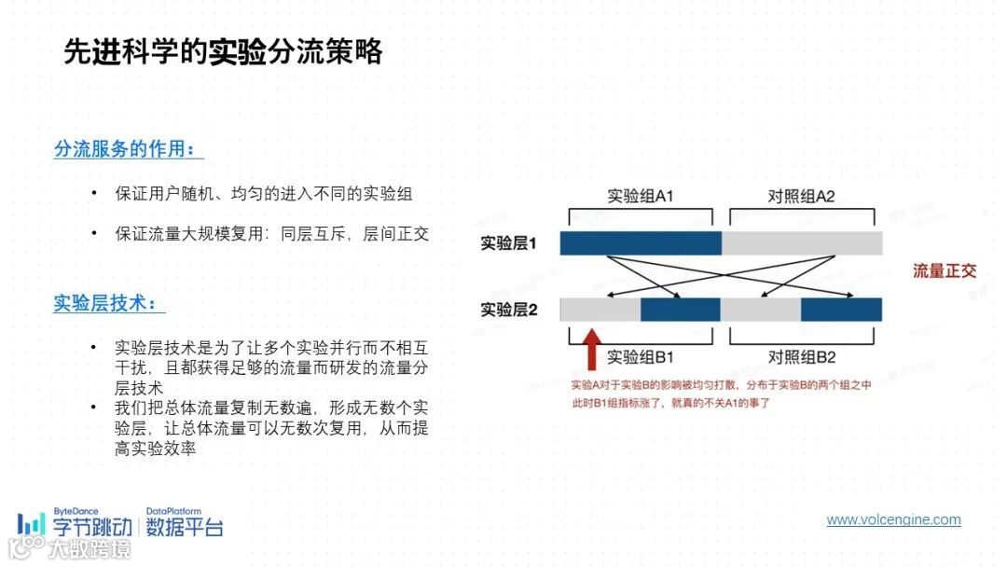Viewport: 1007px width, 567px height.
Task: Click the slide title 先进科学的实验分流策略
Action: tap(223, 51)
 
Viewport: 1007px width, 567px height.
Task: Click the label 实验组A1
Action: tap(641, 197)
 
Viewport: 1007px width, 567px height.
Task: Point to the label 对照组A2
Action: tap(801, 197)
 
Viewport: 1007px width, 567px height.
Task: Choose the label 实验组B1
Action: tap(641, 357)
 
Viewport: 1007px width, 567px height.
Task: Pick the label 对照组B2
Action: tap(801, 357)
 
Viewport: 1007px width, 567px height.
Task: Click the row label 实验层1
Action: tap(509, 243)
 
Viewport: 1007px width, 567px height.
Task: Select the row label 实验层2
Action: tap(509, 310)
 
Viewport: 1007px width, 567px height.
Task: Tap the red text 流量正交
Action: tap(945, 271)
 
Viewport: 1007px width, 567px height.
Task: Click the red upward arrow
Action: tap(589, 350)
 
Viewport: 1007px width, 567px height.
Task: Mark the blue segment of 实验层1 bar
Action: tap(641, 243)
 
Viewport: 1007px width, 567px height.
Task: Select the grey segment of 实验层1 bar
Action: tap(802, 243)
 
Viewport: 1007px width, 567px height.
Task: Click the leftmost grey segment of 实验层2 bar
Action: tap(600, 310)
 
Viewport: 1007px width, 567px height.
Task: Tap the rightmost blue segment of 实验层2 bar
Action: tap(841, 310)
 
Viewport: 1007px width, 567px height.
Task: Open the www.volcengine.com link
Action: tap(893, 520)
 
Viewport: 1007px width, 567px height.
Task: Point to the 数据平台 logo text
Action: tap(185, 528)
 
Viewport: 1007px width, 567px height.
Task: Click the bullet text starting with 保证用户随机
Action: tap(264, 194)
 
